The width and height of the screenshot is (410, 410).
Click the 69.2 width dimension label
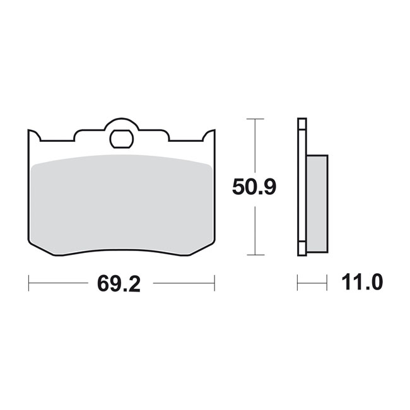(118, 284)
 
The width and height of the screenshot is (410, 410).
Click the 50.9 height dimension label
(254, 187)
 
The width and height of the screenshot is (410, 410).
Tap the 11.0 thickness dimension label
(360, 283)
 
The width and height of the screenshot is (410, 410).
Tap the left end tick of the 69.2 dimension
(29, 283)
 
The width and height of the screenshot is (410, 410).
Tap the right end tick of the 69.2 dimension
(214, 283)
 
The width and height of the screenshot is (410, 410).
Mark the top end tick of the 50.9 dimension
(255, 119)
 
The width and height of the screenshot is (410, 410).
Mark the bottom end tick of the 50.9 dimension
(255, 255)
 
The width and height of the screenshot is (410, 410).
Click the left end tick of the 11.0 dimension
(298, 283)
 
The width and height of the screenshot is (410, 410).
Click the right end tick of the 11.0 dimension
(327, 283)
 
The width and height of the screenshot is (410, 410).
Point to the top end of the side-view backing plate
(302, 120)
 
